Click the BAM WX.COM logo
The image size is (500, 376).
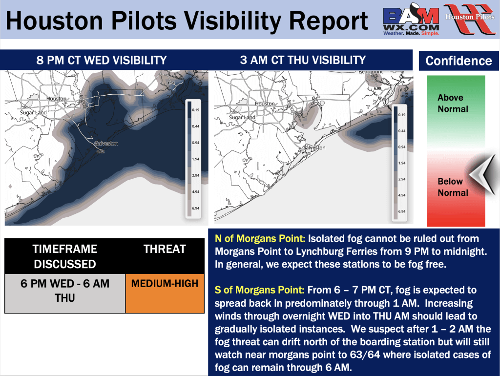pyautogui.click(x=411, y=21)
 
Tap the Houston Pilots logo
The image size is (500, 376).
pyautogui.click(x=469, y=20)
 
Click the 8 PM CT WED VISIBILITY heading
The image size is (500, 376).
pyautogui.click(x=102, y=61)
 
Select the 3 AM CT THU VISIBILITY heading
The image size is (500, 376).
pyautogui.click(x=303, y=60)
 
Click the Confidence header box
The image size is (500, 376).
pyautogui.click(x=458, y=61)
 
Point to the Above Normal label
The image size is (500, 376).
pyautogui.click(x=453, y=104)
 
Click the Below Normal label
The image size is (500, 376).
pyautogui.click(x=453, y=187)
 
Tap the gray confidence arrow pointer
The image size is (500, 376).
pyautogui.click(x=481, y=173)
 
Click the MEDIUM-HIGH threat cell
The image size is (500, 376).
pyautogui.click(x=165, y=283)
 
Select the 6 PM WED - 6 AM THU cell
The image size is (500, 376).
pyautogui.click(x=65, y=290)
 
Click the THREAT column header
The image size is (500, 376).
pyautogui.click(x=165, y=250)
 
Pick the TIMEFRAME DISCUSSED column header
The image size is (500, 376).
pyautogui.click(x=65, y=256)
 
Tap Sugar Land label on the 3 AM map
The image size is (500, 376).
pyautogui.click(x=242, y=118)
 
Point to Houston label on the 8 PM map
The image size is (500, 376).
pyautogui.click(x=56, y=99)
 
